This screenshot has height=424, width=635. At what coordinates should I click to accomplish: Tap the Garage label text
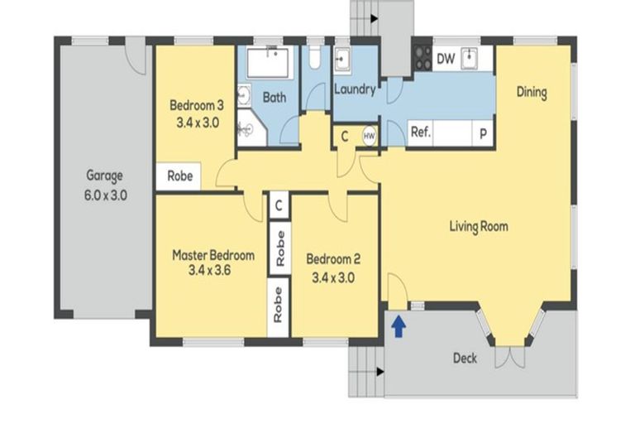(x=104, y=176)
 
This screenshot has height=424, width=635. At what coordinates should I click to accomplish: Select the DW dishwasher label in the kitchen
(x=445, y=58)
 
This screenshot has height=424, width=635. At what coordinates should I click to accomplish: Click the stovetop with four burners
(x=422, y=57)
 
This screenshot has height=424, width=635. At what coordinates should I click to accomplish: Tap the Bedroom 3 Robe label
(x=180, y=176)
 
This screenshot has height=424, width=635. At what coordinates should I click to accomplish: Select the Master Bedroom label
(x=213, y=255)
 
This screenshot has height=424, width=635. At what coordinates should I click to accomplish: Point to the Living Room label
(x=478, y=226)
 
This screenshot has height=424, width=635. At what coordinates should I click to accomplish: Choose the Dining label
(x=532, y=92)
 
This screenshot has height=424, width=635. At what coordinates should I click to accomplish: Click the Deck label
(x=465, y=359)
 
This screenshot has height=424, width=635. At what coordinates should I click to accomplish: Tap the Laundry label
(x=355, y=89)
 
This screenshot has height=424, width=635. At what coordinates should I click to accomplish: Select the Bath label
(x=275, y=97)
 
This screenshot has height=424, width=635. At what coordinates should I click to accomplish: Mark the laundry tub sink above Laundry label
(x=343, y=60)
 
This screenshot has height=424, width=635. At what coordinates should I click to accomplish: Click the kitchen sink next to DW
(x=470, y=57)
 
